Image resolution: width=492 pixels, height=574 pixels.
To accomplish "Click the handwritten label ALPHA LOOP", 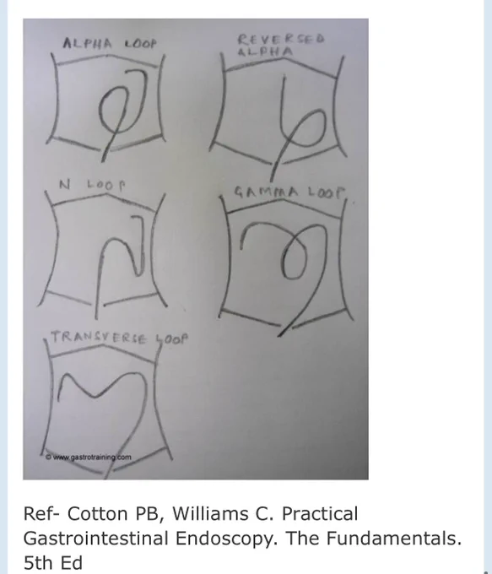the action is (110, 44).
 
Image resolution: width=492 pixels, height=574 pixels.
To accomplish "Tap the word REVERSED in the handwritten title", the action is (281, 39).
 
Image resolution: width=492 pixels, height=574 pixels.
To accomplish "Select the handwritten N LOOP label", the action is (92, 185).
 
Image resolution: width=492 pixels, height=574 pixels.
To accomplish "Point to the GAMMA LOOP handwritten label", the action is (289, 192).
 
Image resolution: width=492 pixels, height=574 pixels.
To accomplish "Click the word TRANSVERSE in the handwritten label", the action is (98, 338).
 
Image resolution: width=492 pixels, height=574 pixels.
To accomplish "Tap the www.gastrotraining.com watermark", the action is (89, 458).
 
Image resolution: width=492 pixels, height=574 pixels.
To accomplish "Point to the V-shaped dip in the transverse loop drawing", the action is (95, 397).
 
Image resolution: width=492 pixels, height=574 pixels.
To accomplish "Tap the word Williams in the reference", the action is (214, 513).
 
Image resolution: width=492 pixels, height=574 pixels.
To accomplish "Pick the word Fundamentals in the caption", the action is (393, 539).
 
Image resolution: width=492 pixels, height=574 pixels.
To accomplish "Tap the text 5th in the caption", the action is (39, 563).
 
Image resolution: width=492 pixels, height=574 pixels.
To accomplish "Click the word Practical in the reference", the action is (320, 513).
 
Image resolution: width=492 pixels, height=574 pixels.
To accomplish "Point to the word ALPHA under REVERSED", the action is (265, 51).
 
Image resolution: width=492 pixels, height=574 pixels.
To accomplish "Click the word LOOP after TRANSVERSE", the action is (171, 339).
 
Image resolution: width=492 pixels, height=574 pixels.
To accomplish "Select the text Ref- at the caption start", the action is (41, 513).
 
